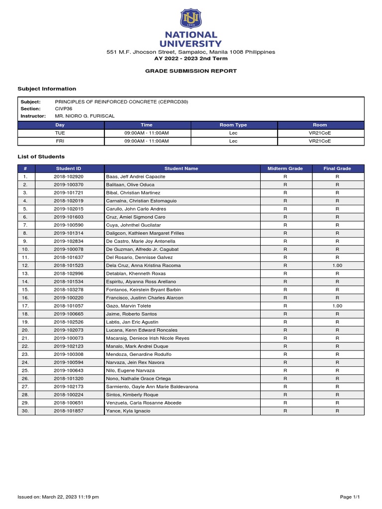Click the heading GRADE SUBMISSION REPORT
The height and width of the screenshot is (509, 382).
click(191, 71)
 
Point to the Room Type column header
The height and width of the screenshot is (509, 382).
click(233, 125)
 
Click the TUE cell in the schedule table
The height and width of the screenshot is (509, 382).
click(60, 133)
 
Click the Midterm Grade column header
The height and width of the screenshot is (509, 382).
click(285, 169)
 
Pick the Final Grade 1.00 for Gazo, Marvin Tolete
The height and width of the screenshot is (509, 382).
click(337, 306)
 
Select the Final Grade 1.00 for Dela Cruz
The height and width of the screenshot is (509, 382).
click(337, 265)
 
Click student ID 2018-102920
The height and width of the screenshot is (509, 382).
click(69, 177)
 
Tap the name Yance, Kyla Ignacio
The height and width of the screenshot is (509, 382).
click(128, 411)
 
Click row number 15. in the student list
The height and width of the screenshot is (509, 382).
click(26, 290)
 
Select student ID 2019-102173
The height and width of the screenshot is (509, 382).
click(69, 387)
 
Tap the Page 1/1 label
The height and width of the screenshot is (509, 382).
click(350, 497)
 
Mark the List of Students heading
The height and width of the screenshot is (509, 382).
click(41, 157)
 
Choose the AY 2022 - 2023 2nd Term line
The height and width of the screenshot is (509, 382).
click(191, 58)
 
